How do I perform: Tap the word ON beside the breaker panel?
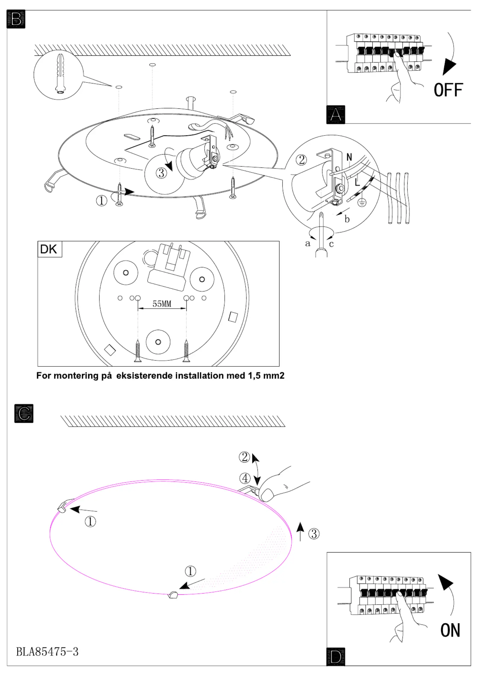click(450, 630)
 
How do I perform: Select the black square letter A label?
click(336, 115)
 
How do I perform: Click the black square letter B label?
click(16, 19)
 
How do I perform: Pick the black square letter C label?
click(24, 413)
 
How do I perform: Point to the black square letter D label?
click(336, 657)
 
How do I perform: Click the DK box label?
click(49, 249)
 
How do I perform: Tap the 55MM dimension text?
click(162, 304)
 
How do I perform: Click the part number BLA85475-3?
click(47, 652)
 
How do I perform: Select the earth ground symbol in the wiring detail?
click(362, 202)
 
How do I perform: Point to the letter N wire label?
click(349, 157)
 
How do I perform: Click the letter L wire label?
click(357, 182)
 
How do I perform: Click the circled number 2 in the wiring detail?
click(301, 160)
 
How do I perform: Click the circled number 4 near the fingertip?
click(245, 478)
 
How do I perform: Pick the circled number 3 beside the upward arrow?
click(314, 534)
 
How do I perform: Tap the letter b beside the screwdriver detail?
click(347, 219)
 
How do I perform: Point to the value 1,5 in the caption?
click(254, 376)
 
